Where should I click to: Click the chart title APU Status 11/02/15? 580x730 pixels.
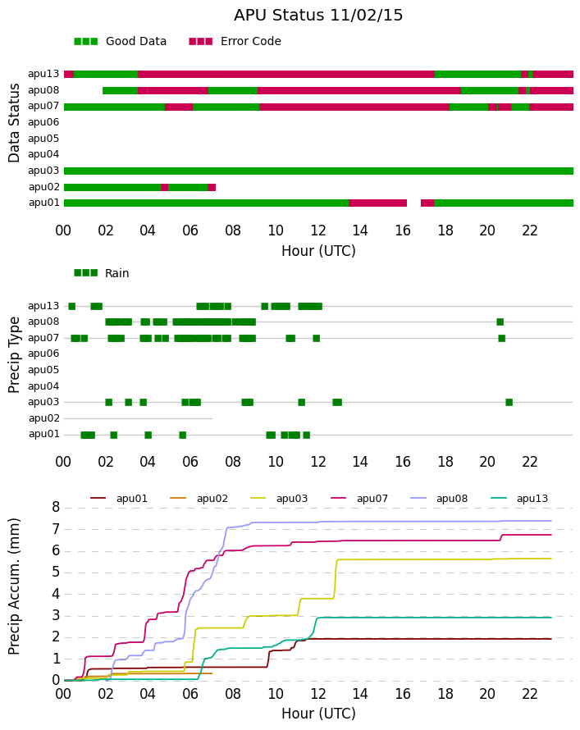(318, 16)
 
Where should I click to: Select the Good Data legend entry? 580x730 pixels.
(120, 42)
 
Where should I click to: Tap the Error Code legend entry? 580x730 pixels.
(235, 42)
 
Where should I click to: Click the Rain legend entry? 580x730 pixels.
(102, 273)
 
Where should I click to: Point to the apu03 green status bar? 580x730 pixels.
(318, 171)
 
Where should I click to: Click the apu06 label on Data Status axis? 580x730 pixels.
(43, 122)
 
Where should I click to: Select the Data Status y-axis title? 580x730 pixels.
(14, 123)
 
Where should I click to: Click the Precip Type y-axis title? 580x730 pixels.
(14, 355)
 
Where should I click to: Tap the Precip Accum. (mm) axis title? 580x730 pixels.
(14, 586)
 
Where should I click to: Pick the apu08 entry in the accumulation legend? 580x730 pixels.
(439, 499)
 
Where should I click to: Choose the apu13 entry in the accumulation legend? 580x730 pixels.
(519, 499)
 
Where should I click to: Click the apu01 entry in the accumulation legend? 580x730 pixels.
(119, 499)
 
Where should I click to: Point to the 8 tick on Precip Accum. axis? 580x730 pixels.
(56, 507)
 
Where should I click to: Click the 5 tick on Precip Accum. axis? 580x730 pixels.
(56, 573)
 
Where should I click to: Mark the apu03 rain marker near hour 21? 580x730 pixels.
(509, 402)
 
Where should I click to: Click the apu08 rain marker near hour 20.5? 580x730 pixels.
(500, 322)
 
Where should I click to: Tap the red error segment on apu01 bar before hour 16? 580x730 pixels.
(377, 203)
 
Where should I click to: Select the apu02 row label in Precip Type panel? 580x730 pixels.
(44, 418)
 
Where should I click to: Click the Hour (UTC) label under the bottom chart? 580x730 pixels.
(318, 714)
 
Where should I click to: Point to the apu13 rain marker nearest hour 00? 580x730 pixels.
(71, 306)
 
